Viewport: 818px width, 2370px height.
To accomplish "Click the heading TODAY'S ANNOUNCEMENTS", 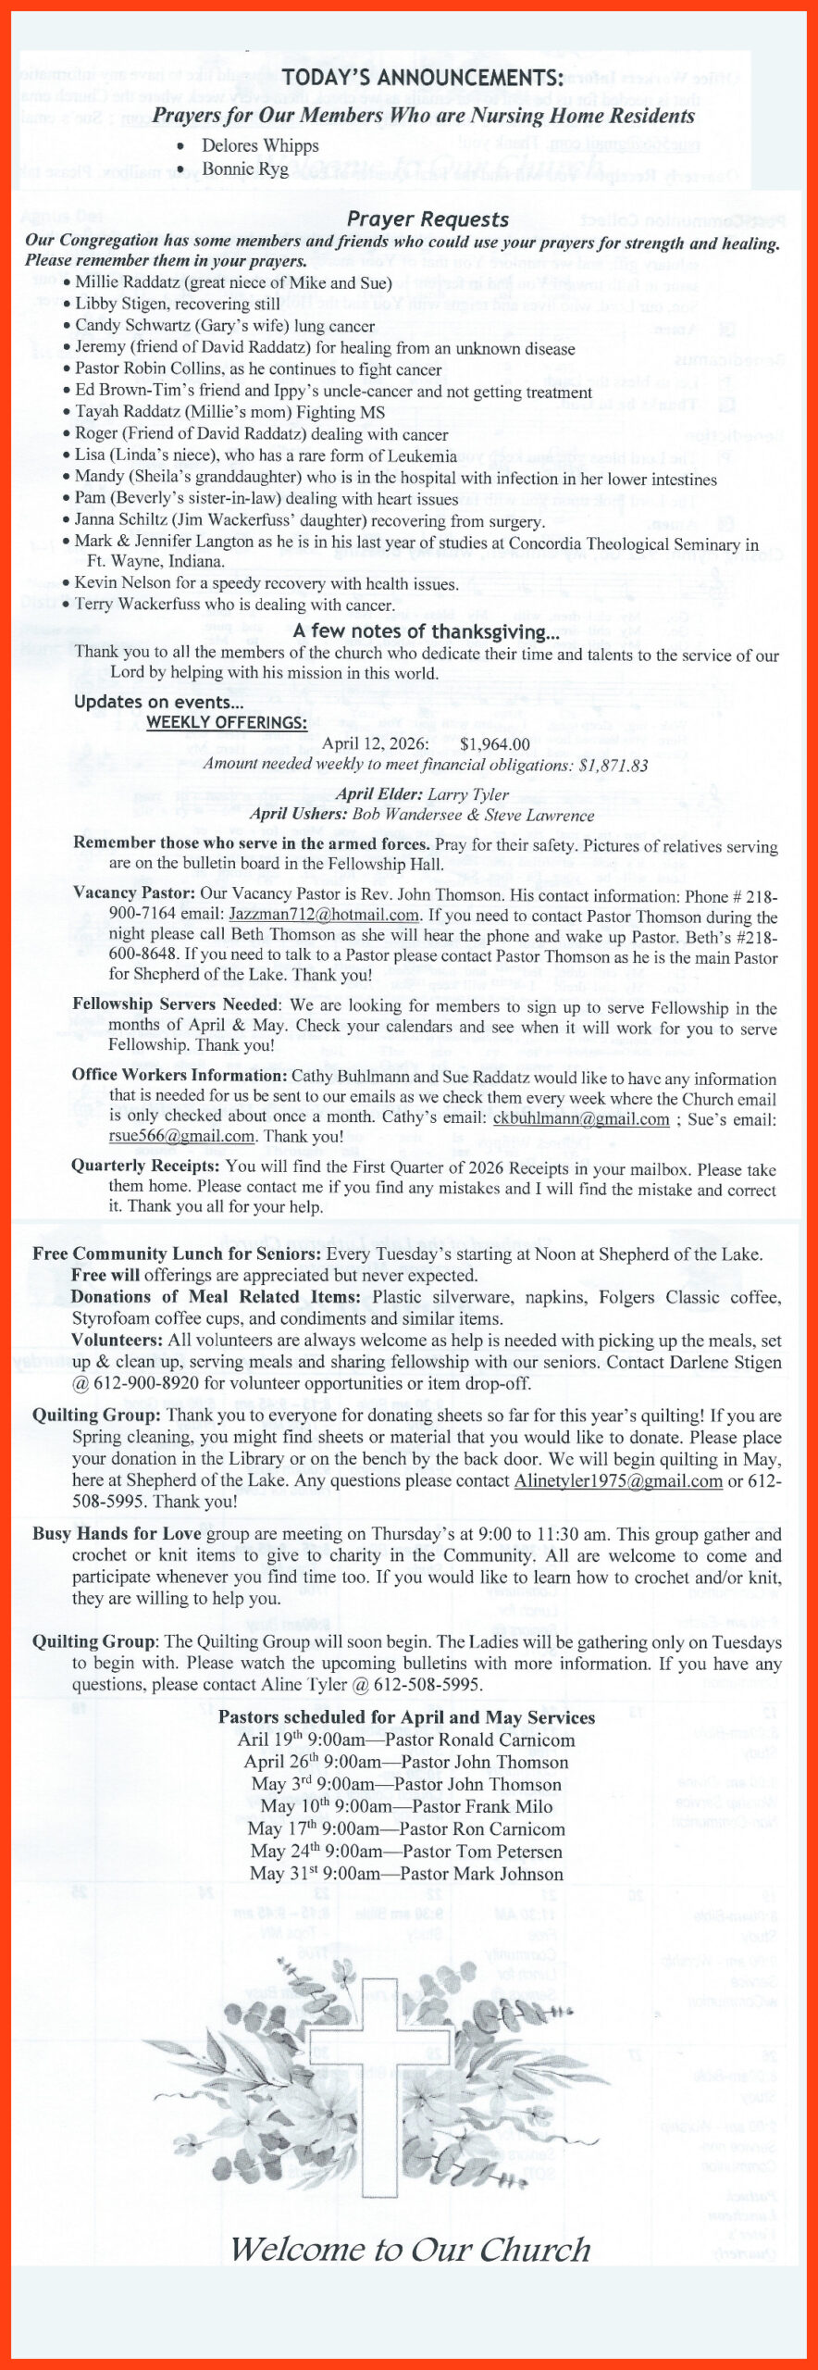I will click(423, 78).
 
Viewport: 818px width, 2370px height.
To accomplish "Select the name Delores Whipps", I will click(260, 146).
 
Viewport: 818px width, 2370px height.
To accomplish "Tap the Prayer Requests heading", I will click(428, 219).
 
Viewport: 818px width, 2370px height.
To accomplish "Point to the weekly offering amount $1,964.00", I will click(495, 743).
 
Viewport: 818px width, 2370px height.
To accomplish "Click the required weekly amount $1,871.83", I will click(613, 765).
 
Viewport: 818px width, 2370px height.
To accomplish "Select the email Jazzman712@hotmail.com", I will click(324, 916).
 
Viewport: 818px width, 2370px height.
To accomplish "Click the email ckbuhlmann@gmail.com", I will click(581, 1118).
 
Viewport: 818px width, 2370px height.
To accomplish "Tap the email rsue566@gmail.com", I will click(181, 1137).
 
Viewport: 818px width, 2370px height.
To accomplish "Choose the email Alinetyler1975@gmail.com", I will click(618, 1480).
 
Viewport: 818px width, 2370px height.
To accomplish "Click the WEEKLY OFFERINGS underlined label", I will click(227, 723).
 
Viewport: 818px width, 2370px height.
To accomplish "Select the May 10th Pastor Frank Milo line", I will click(406, 1806).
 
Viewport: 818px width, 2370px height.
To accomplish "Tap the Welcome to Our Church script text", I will click(410, 2250).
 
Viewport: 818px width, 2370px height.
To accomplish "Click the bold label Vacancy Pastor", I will click(134, 894).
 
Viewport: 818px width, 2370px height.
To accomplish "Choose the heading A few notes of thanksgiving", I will click(427, 631).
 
